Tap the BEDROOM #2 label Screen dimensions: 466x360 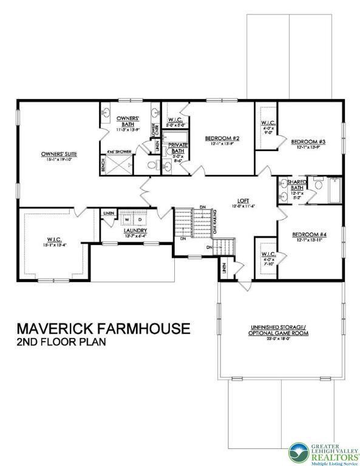(222, 138)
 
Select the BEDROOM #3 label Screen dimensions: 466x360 (308, 141)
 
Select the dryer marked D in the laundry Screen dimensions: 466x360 (140, 219)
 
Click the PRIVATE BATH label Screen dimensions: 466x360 (178, 147)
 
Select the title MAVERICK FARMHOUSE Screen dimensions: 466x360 (103, 329)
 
